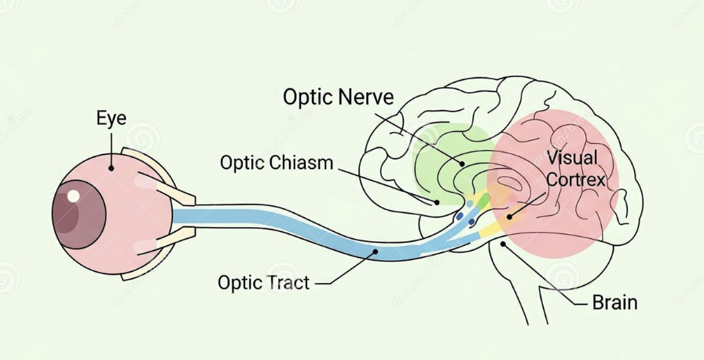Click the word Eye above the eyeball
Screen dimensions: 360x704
(x=111, y=119)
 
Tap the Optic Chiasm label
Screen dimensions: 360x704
(x=277, y=163)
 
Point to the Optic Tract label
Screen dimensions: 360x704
(x=263, y=281)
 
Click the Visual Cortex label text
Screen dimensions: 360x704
(x=572, y=168)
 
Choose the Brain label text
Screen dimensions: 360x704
(x=614, y=302)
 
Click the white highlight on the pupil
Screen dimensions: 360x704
(x=74, y=196)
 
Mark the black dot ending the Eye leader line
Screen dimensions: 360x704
(x=112, y=167)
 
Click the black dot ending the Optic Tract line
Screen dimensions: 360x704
(x=376, y=252)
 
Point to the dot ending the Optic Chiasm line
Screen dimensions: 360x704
(x=437, y=203)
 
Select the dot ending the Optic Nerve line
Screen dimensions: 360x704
(x=463, y=163)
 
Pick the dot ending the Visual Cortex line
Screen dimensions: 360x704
(x=509, y=216)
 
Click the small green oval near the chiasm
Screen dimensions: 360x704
(x=483, y=197)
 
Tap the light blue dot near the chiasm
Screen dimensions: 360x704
(x=470, y=204)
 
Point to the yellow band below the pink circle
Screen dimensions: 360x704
(x=490, y=229)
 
